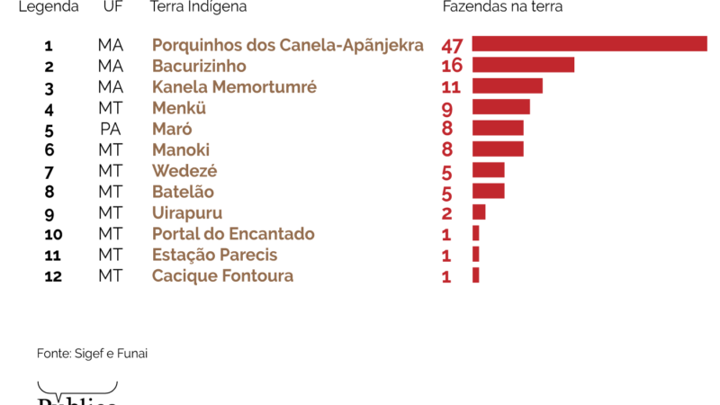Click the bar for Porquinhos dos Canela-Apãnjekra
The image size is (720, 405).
[x=589, y=44]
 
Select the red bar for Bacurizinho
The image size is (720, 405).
[x=523, y=65]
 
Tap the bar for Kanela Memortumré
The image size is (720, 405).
[x=507, y=85]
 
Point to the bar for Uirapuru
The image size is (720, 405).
[x=479, y=212]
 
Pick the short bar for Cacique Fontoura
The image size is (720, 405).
[x=475, y=275]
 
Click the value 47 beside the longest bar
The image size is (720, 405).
[x=452, y=46]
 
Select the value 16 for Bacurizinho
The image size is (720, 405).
[x=452, y=67]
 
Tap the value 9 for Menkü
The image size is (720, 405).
[x=447, y=109]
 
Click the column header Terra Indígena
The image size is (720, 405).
[x=198, y=7]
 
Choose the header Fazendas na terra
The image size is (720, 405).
[x=502, y=7]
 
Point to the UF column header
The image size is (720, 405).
[x=112, y=7]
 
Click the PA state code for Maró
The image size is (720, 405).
[x=111, y=129]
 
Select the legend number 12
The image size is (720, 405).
[x=52, y=276]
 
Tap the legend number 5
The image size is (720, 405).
[x=49, y=130]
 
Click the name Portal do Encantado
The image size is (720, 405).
[x=233, y=234]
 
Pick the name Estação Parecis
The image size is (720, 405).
[x=214, y=255]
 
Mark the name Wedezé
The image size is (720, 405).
[x=184, y=171]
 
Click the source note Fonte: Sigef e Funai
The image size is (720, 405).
[x=92, y=354]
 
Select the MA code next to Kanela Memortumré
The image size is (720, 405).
[x=111, y=87]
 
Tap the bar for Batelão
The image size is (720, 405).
[x=488, y=191]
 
